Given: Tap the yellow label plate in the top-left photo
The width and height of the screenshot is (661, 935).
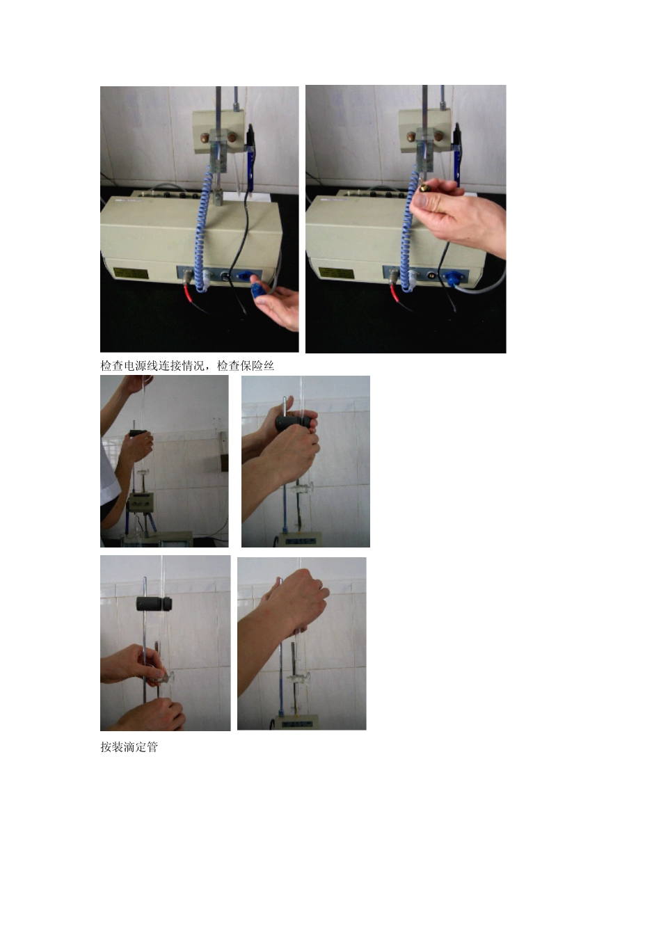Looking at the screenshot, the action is (x=130, y=273).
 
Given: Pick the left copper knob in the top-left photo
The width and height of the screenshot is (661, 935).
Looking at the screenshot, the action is (x=205, y=137).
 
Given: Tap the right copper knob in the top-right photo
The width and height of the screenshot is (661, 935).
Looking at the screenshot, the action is (x=438, y=136).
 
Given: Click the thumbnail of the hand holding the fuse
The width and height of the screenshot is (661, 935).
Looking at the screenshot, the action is (x=406, y=219).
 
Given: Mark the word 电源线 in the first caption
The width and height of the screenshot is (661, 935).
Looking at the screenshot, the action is (x=141, y=366).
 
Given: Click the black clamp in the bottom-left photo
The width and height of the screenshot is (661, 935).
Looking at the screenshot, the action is (x=154, y=604).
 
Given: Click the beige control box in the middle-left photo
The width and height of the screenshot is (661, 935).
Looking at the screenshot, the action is (x=141, y=503).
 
